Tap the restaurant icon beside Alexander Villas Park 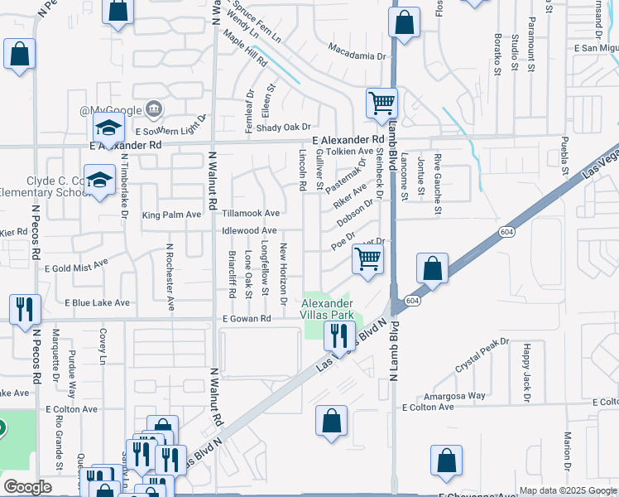click(338, 335)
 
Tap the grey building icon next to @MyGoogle click(153, 109)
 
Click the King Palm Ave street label click(171, 215)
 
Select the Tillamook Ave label click(251, 214)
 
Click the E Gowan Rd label click(247, 319)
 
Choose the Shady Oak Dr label click(281, 127)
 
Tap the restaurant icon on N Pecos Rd click(25, 310)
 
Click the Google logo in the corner click(28, 487)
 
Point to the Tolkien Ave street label click(351, 152)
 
